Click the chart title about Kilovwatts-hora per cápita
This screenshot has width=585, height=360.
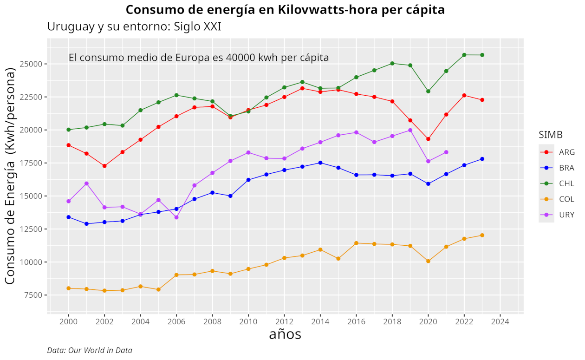click(x=285, y=10)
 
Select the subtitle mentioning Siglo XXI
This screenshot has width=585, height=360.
click(x=134, y=27)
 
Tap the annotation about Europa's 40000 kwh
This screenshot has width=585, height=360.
click(x=199, y=58)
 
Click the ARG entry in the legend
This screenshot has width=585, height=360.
click(x=566, y=152)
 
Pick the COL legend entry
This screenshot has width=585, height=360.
click(x=566, y=199)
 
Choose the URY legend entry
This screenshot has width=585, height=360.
click(x=566, y=215)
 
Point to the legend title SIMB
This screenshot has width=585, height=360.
click(x=551, y=135)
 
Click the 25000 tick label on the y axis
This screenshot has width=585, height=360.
click(x=32, y=64)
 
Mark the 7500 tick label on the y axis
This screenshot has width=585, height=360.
click(x=34, y=295)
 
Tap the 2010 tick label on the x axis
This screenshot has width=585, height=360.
click(x=248, y=321)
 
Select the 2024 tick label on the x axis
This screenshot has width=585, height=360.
click(x=500, y=321)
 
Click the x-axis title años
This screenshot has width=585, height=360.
click(x=285, y=334)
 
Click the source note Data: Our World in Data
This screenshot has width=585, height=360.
click(x=90, y=350)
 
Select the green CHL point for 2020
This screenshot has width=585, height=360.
click(x=428, y=91)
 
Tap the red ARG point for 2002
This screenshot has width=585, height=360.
click(x=104, y=166)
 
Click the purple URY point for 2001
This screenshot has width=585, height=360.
click(x=86, y=183)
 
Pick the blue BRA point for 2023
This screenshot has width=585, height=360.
click(x=482, y=159)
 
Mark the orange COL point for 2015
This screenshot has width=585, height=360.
click(x=338, y=259)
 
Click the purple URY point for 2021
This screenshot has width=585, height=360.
click(x=446, y=152)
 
